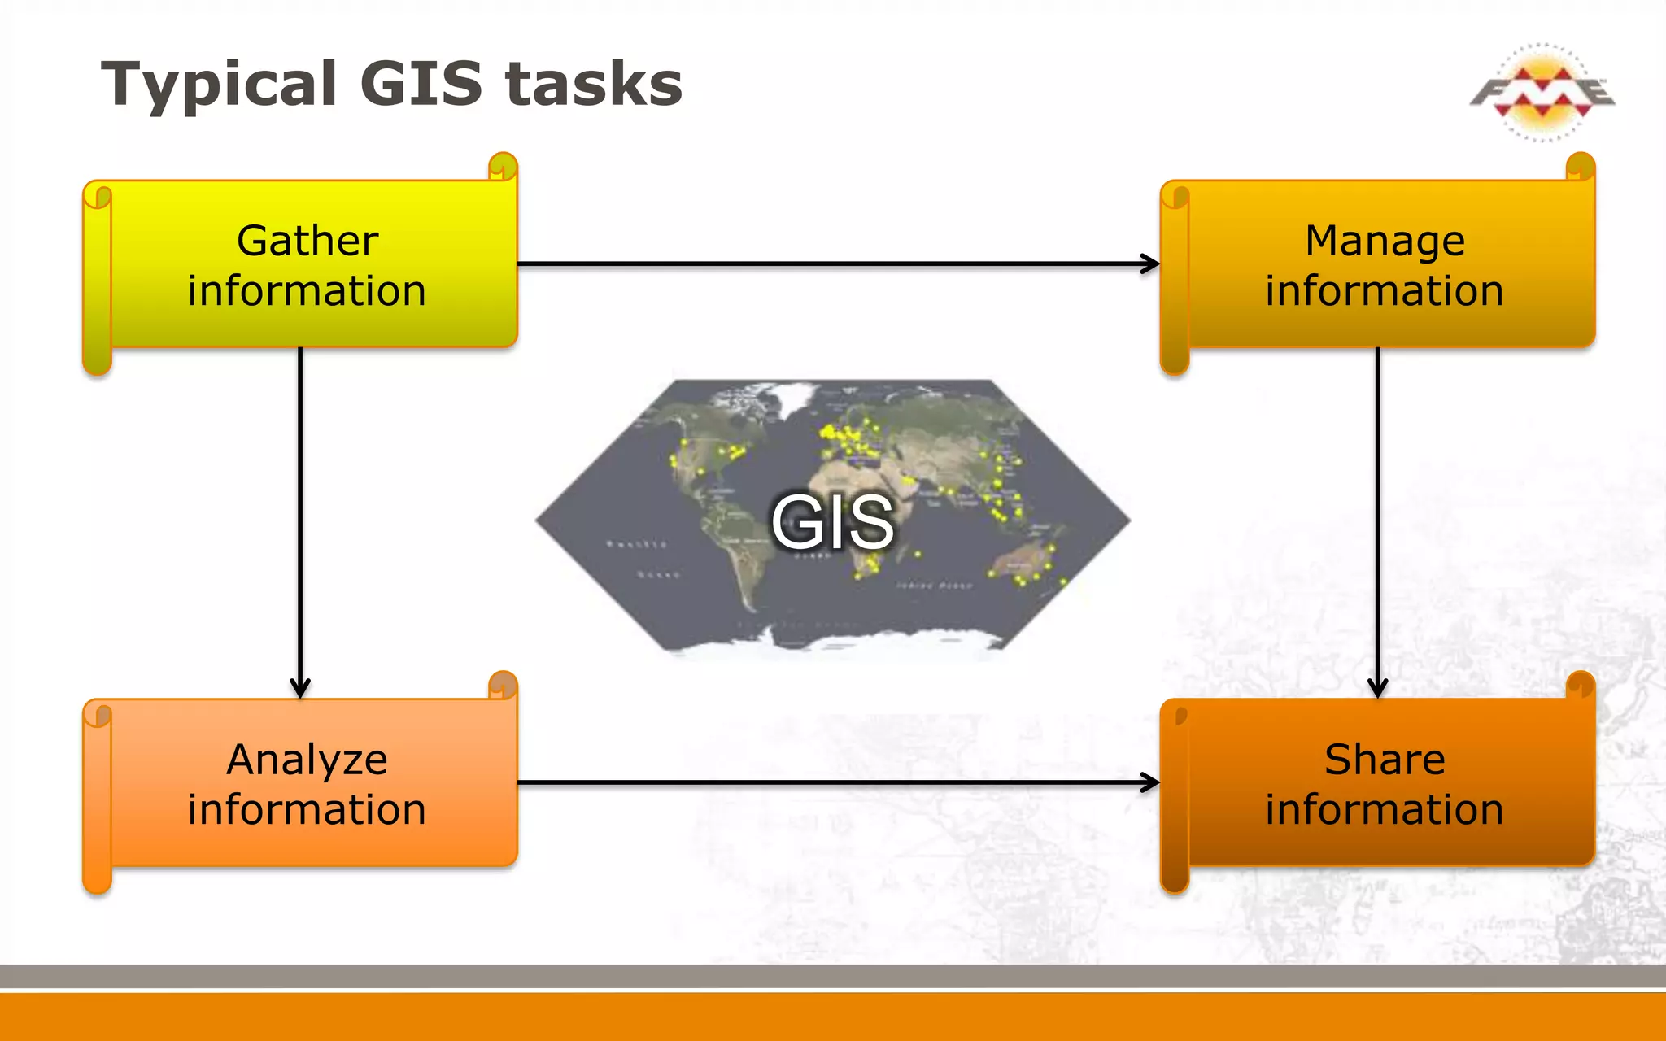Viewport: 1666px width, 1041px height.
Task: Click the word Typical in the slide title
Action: [218, 85]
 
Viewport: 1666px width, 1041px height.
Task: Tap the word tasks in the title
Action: [593, 85]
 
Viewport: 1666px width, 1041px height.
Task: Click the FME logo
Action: [1542, 93]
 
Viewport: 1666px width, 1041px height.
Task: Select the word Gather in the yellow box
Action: [307, 241]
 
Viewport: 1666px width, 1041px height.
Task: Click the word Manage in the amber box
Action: [1385, 241]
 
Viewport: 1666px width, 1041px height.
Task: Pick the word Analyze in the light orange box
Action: [307, 760]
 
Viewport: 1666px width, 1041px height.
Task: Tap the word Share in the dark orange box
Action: [1385, 760]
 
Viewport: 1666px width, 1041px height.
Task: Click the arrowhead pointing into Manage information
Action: [1150, 264]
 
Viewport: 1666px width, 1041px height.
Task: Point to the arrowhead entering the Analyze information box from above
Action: [300, 688]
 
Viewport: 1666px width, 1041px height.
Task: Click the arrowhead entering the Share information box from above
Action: [1377, 688]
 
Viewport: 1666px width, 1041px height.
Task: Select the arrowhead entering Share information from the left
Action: [1150, 782]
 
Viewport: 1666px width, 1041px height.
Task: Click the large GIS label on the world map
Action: [832, 521]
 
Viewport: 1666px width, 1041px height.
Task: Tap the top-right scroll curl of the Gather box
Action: [504, 166]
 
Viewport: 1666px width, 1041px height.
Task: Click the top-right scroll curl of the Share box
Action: [1581, 685]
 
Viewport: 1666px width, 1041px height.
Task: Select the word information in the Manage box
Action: [1385, 291]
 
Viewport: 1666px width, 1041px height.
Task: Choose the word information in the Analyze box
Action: [307, 810]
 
